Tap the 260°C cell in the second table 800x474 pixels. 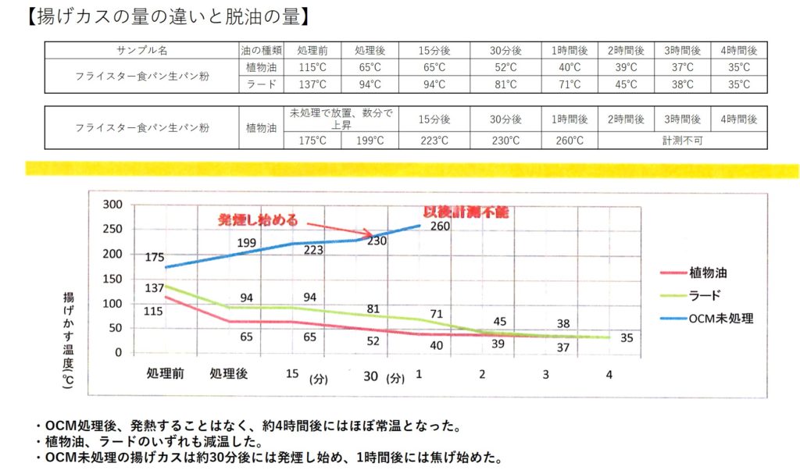coord(570,141)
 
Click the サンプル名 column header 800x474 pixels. coord(142,50)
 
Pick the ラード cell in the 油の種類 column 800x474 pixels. coord(260,84)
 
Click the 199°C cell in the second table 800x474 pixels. coord(370,141)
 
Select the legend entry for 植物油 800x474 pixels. coord(709,273)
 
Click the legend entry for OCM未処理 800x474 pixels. coord(720,318)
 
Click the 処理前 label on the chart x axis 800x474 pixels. coord(165,374)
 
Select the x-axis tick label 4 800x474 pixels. coord(608,374)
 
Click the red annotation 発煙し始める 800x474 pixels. coord(258,219)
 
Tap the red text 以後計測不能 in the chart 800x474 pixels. coord(466,212)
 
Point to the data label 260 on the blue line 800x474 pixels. coord(441,226)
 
